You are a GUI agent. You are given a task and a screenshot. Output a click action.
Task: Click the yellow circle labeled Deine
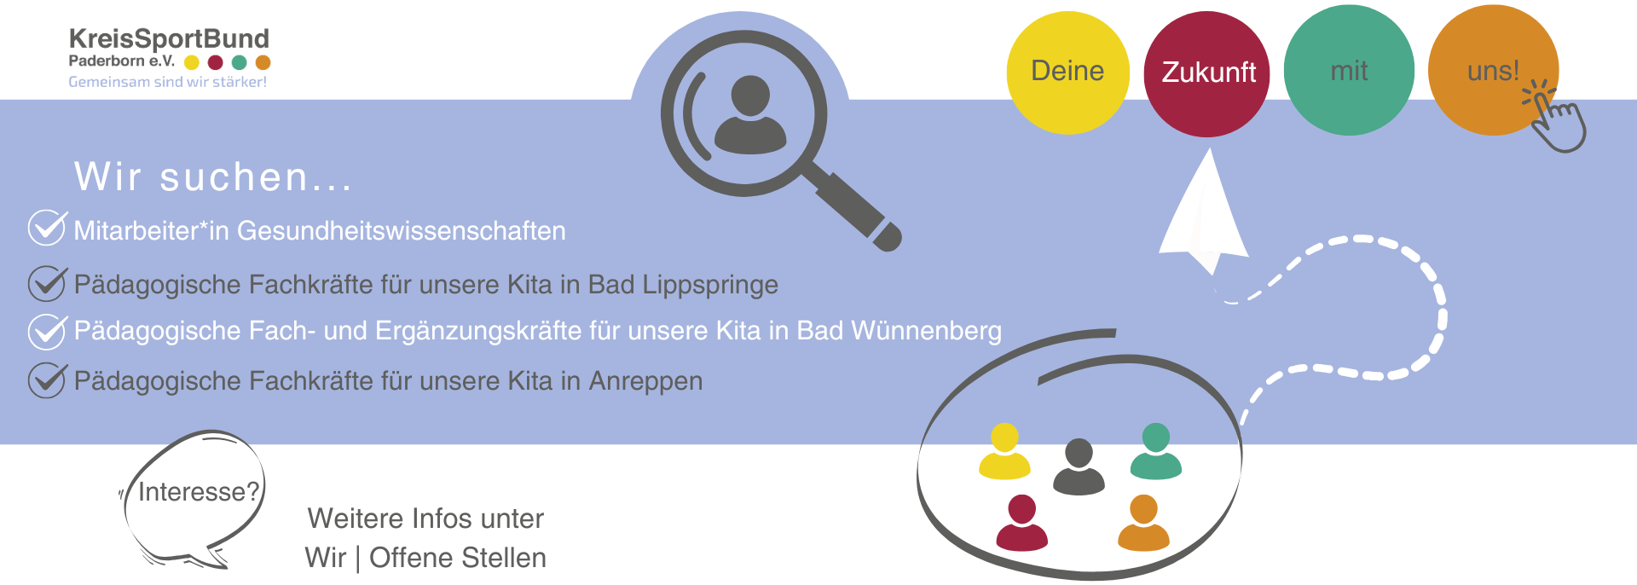(1067, 72)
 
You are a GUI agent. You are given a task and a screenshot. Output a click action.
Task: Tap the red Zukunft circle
(1207, 73)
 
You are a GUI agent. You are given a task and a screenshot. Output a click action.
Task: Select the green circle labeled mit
(1348, 71)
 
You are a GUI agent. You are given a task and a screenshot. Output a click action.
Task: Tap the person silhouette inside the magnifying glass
(749, 116)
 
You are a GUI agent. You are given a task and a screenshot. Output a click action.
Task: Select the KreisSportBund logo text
(169, 39)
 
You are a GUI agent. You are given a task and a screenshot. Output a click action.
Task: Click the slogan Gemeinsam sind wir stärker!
(168, 82)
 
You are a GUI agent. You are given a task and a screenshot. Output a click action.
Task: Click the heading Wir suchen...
(213, 177)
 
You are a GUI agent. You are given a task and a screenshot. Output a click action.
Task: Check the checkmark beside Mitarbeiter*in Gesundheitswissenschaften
(47, 228)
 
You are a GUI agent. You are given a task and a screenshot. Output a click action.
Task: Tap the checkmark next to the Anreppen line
(47, 380)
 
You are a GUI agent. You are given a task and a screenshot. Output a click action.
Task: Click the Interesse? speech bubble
(197, 493)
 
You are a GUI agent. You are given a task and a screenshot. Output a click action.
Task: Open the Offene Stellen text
(458, 558)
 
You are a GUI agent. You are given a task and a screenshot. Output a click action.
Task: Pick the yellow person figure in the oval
(1004, 451)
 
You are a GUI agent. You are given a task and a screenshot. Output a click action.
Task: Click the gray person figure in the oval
(1079, 466)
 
